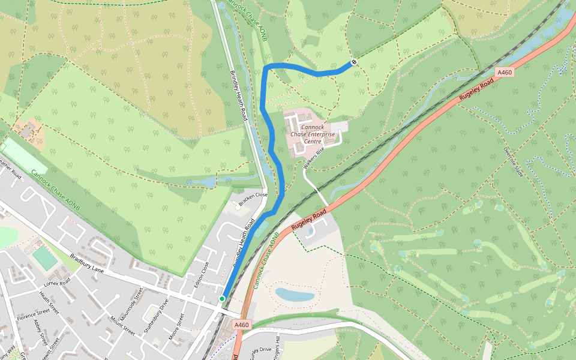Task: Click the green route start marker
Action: point(222,298)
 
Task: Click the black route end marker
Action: point(355,62)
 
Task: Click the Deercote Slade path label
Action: point(514,160)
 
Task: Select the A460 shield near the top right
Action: point(505,73)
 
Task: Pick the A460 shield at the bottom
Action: point(241,325)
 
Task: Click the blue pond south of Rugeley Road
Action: point(295,294)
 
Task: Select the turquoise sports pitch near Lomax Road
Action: point(45,258)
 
